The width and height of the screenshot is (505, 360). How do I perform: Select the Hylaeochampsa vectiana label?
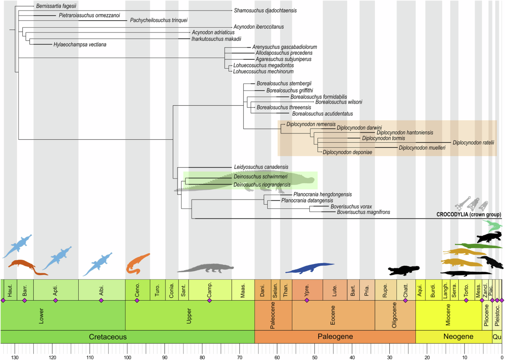point(80,44)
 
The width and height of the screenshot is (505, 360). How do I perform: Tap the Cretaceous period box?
point(108,337)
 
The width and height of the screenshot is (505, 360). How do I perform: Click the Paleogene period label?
point(335,337)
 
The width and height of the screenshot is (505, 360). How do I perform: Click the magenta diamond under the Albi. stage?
point(101,300)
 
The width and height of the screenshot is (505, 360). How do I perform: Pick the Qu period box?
point(497,337)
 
